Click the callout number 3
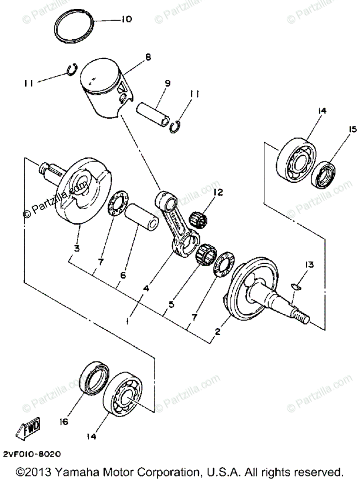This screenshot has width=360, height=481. [x=76, y=248]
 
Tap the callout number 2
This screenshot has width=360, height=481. [x=217, y=331]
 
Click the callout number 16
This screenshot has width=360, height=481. [x=65, y=422]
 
